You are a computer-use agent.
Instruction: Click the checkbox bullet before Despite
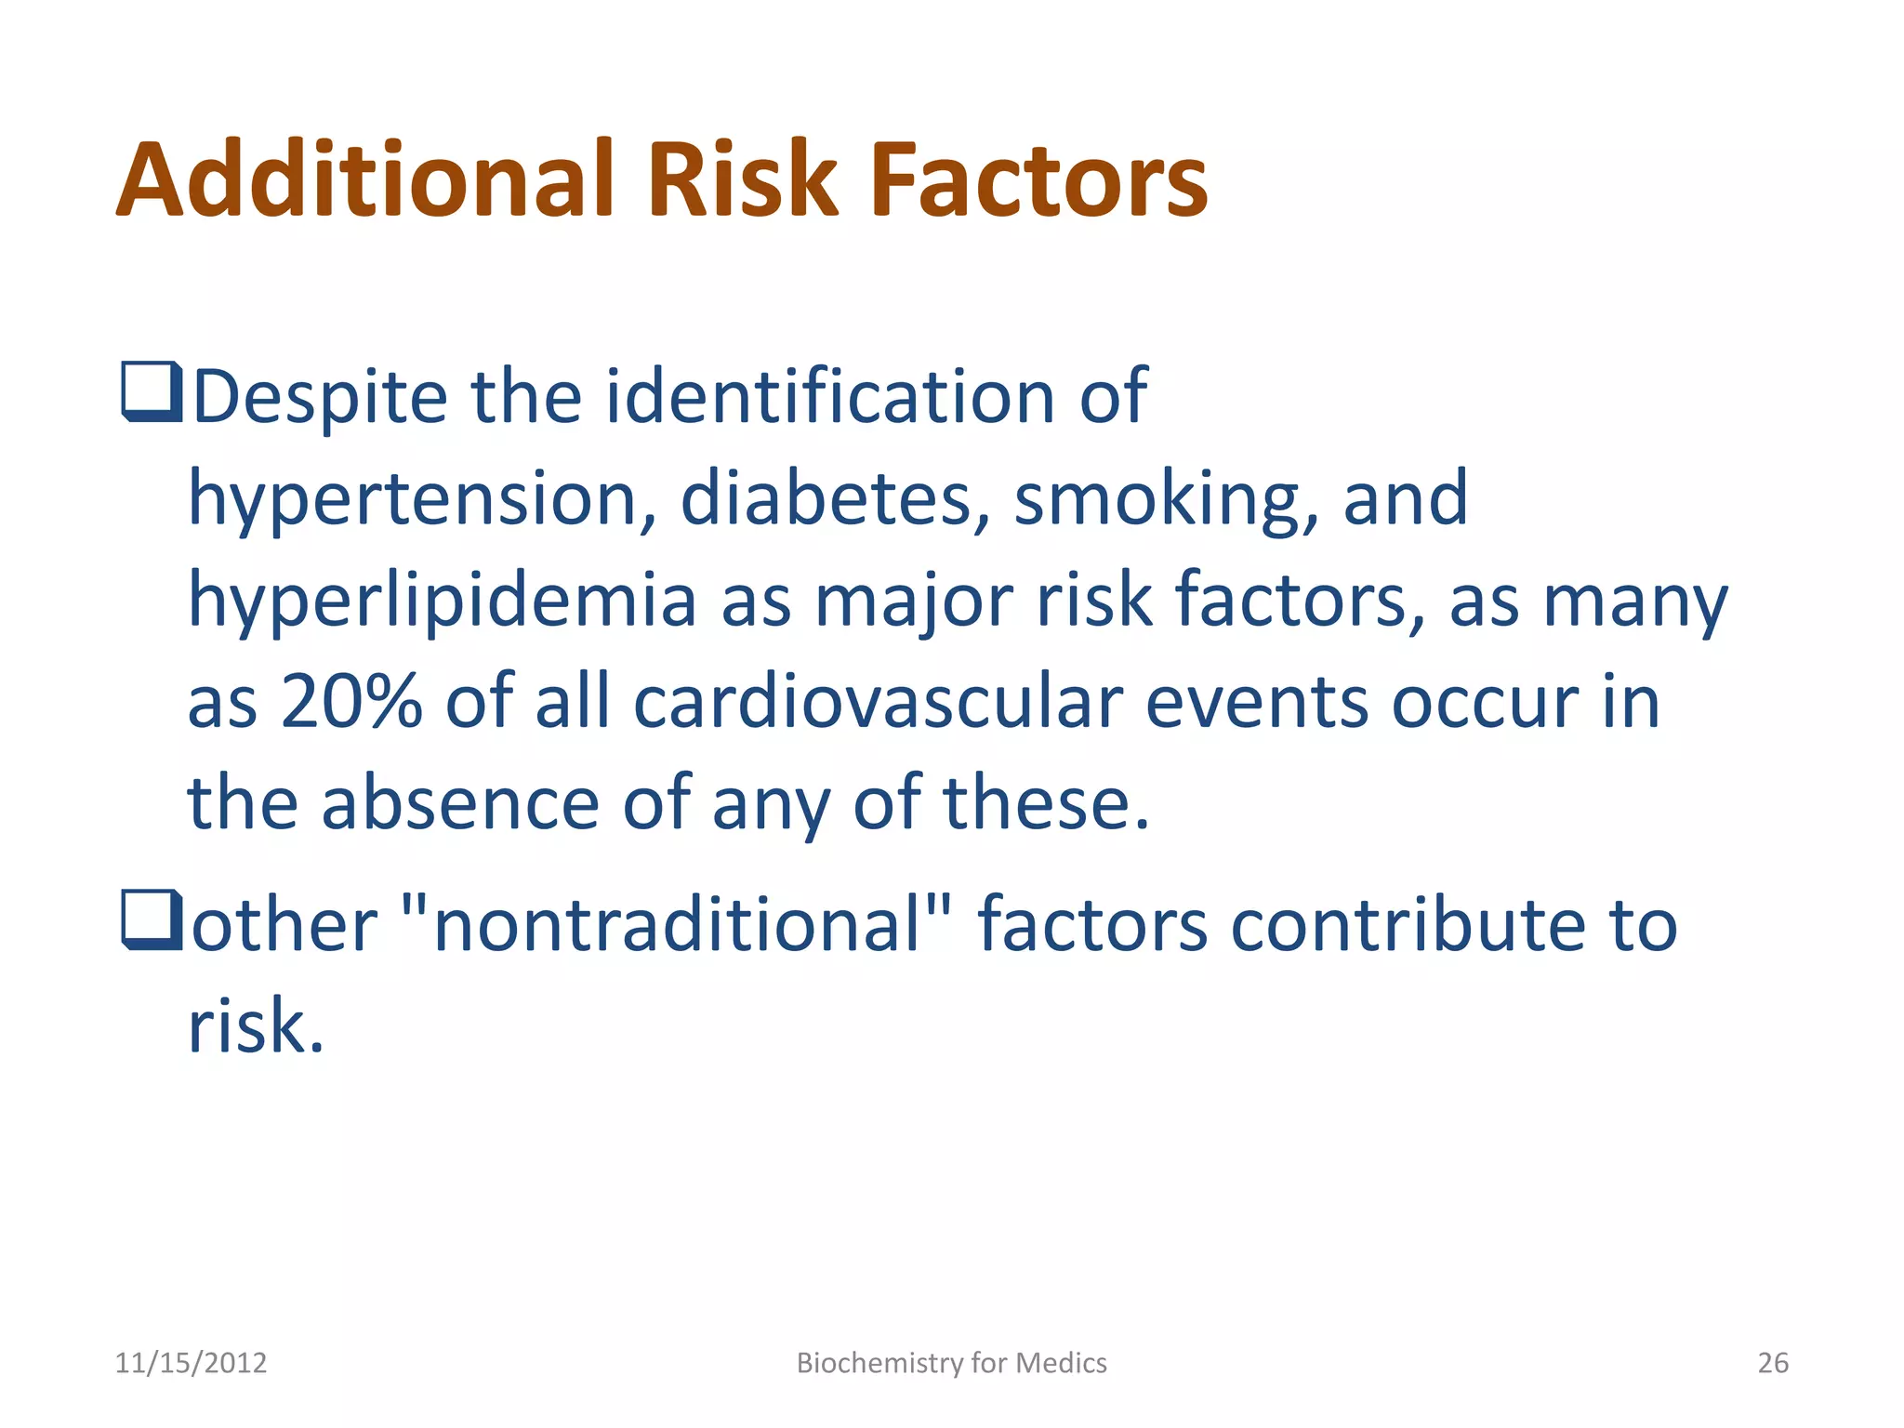click(x=151, y=393)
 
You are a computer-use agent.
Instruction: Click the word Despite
click(x=320, y=398)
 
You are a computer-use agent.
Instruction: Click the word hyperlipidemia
click(x=443, y=602)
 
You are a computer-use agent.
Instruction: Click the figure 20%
click(x=350, y=702)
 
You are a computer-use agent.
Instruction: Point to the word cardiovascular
click(x=878, y=702)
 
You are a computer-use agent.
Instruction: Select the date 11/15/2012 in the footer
click(x=191, y=1363)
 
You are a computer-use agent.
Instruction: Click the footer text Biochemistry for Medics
click(x=951, y=1363)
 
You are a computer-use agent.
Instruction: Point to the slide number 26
click(x=1772, y=1363)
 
